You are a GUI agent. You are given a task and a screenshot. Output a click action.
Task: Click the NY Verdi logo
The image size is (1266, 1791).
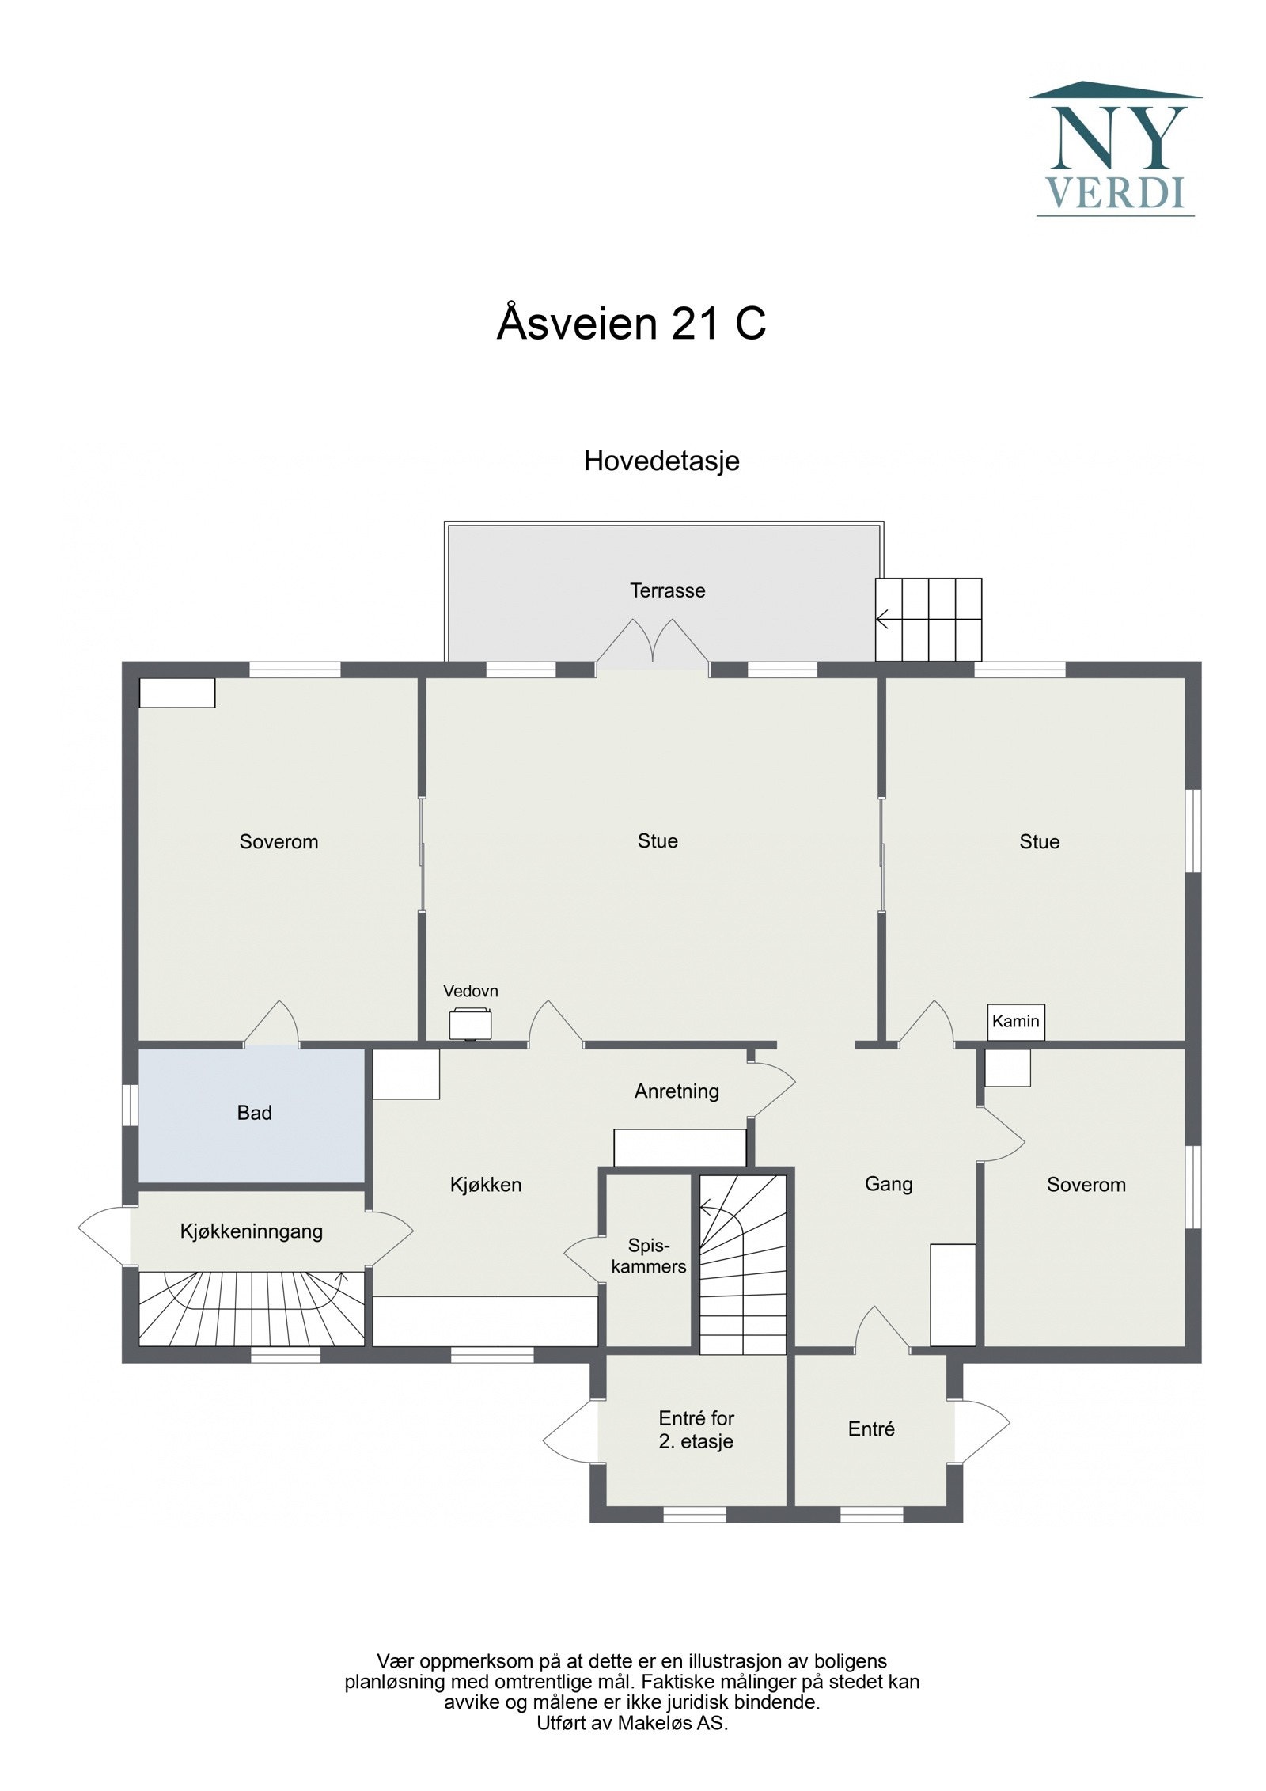[1114, 148]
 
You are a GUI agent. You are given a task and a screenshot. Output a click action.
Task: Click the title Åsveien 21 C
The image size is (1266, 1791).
[631, 324]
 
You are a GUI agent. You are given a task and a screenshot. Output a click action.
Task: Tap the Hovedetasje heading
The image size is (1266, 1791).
[661, 461]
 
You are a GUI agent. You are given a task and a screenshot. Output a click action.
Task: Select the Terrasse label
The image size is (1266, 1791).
[667, 590]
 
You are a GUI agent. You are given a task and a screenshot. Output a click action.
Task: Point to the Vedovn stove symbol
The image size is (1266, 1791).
[470, 1024]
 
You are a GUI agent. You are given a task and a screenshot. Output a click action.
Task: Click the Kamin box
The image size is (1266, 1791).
[1015, 1021]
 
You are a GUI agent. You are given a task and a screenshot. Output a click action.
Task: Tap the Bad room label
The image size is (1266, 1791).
[254, 1113]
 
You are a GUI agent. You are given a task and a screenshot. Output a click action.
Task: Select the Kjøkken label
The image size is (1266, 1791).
[485, 1184]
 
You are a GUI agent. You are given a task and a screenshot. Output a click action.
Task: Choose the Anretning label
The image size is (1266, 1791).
[677, 1091]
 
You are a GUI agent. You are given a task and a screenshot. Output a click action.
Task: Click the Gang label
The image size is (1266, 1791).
[888, 1183]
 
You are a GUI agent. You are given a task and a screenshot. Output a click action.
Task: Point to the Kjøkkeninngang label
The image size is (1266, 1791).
[252, 1231]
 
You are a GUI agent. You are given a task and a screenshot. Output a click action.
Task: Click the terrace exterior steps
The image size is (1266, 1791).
[928, 619]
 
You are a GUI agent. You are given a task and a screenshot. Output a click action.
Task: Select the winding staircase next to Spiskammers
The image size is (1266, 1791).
[742, 1263]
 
